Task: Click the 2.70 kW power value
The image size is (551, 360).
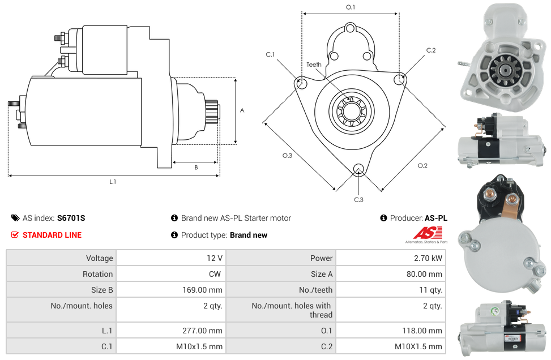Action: pos(429,258)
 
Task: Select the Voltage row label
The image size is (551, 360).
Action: pos(99,258)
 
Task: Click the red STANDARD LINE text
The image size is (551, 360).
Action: pos(52,235)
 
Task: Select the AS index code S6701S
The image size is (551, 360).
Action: pos(71,218)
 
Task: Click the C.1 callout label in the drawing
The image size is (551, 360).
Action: pos(270,55)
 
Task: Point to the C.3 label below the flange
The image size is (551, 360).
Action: pos(358,199)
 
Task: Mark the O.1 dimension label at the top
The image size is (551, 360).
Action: pos(351,7)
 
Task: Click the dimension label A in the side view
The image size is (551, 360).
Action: pos(242,110)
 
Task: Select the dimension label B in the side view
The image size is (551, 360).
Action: pos(196,168)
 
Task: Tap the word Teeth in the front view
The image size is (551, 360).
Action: pos(314,65)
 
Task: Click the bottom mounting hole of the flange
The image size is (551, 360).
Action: pos(358,169)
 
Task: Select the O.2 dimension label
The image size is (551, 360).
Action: pos(422,165)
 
